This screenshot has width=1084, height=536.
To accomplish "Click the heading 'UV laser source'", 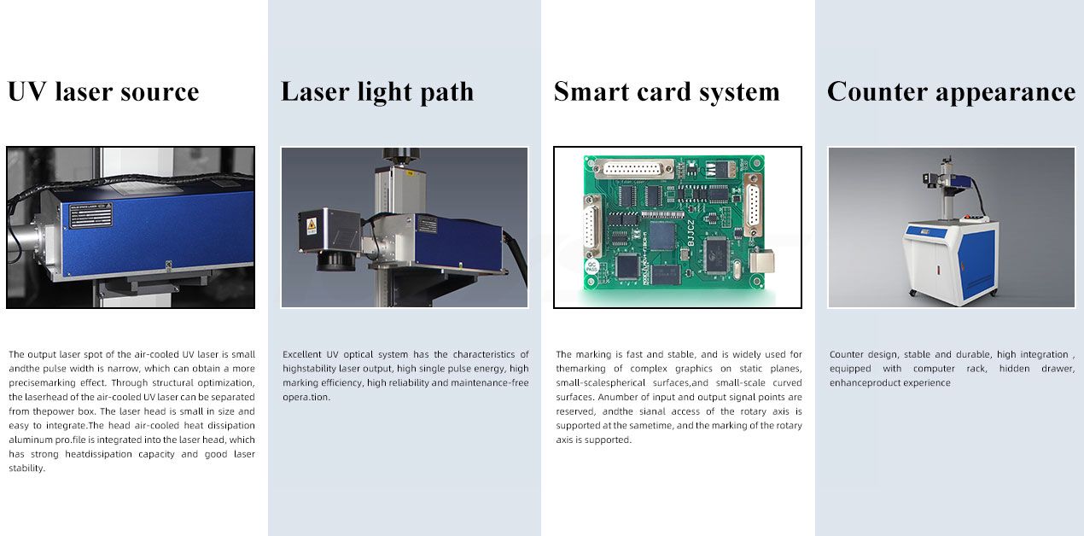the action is pyautogui.click(x=103, y=91).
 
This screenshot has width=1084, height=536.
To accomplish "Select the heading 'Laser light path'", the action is pyautogui.click(x=377, y=92).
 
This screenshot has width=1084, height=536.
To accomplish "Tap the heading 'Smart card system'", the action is pyautogui.click(x=667, y=92).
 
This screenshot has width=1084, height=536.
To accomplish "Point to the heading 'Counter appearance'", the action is pyautogui.click(x=952, y=92).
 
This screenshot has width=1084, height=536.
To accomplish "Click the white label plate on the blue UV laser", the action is pyautogui.click(x=91, y=216).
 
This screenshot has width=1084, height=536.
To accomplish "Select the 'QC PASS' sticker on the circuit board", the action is pyautogui.click(x=592, y=266).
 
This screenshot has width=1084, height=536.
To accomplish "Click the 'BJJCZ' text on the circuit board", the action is pyautogui.click(x=691, y=232).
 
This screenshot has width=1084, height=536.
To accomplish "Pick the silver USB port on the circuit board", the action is pyautogui.click(x=761, y=262).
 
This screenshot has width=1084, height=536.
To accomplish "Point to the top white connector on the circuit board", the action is pyautogui.click(x=633, y=169).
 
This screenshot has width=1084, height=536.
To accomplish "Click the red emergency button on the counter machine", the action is pyautogui.click(x=968, y=217).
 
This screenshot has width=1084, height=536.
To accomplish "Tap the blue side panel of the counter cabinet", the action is pyautogui.click(x=976, y=264).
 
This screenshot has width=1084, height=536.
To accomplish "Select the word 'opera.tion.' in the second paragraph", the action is pyautogui.click(x=306, y=398).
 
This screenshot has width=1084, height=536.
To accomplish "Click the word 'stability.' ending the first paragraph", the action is pyautogui.click(x=26, y=469).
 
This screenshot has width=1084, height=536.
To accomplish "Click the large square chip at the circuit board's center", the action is pyautogui.click(x=662, y=236).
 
